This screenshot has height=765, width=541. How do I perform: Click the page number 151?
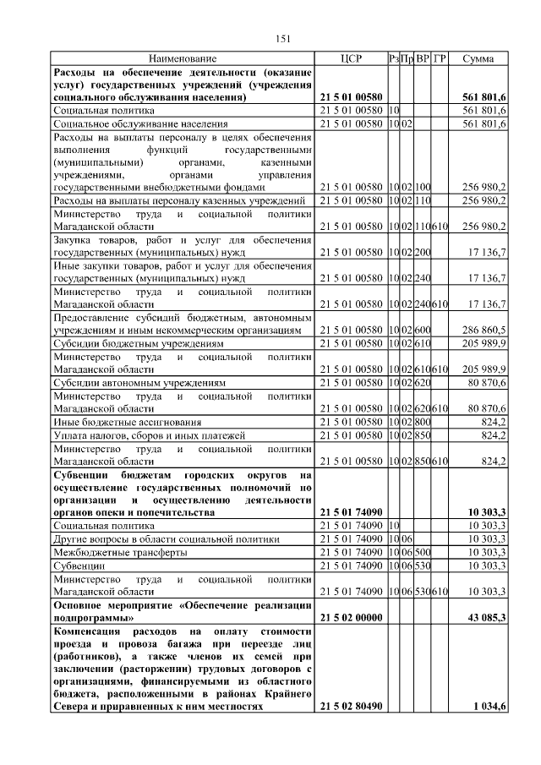click(x=283, y=38)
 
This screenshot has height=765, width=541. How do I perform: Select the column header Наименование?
click(x=183, y=59)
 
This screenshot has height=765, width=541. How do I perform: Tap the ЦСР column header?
click(x=351, y=59)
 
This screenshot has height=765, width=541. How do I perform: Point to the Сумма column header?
click(x=479, y=59)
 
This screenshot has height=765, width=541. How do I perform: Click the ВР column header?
click(x=423, y=59)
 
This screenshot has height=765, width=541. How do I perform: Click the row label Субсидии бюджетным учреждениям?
click(x=139, y=344)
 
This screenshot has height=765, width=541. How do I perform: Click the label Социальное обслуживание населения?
click(x=144, y=123)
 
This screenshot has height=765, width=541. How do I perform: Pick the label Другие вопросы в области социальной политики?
click(x=166, y=538)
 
